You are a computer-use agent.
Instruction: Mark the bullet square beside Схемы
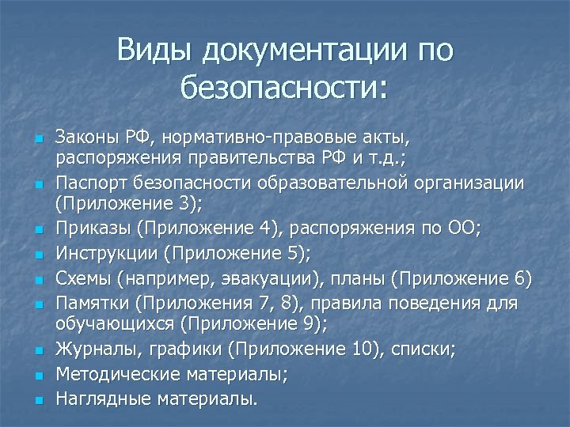pyautogui.click(x=36, y=279)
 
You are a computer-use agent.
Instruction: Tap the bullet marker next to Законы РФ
pyautogui.click(x=36, y=138)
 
